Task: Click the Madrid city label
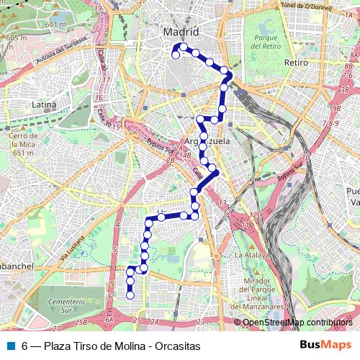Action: pyautogui.click(x=181, y=32)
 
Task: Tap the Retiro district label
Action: pyautogui.click(x=296, y=63)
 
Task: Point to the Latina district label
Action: pyautogui.click(x=44, y=105)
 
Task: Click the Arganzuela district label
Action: pyautogui.click(x=207, y=142)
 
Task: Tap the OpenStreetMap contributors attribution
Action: pyautogui.click(x=297, y=323)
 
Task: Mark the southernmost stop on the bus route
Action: pyautogui.click(x=130, y=294)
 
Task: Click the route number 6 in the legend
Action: pyautogui.click(x=25, y=346)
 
